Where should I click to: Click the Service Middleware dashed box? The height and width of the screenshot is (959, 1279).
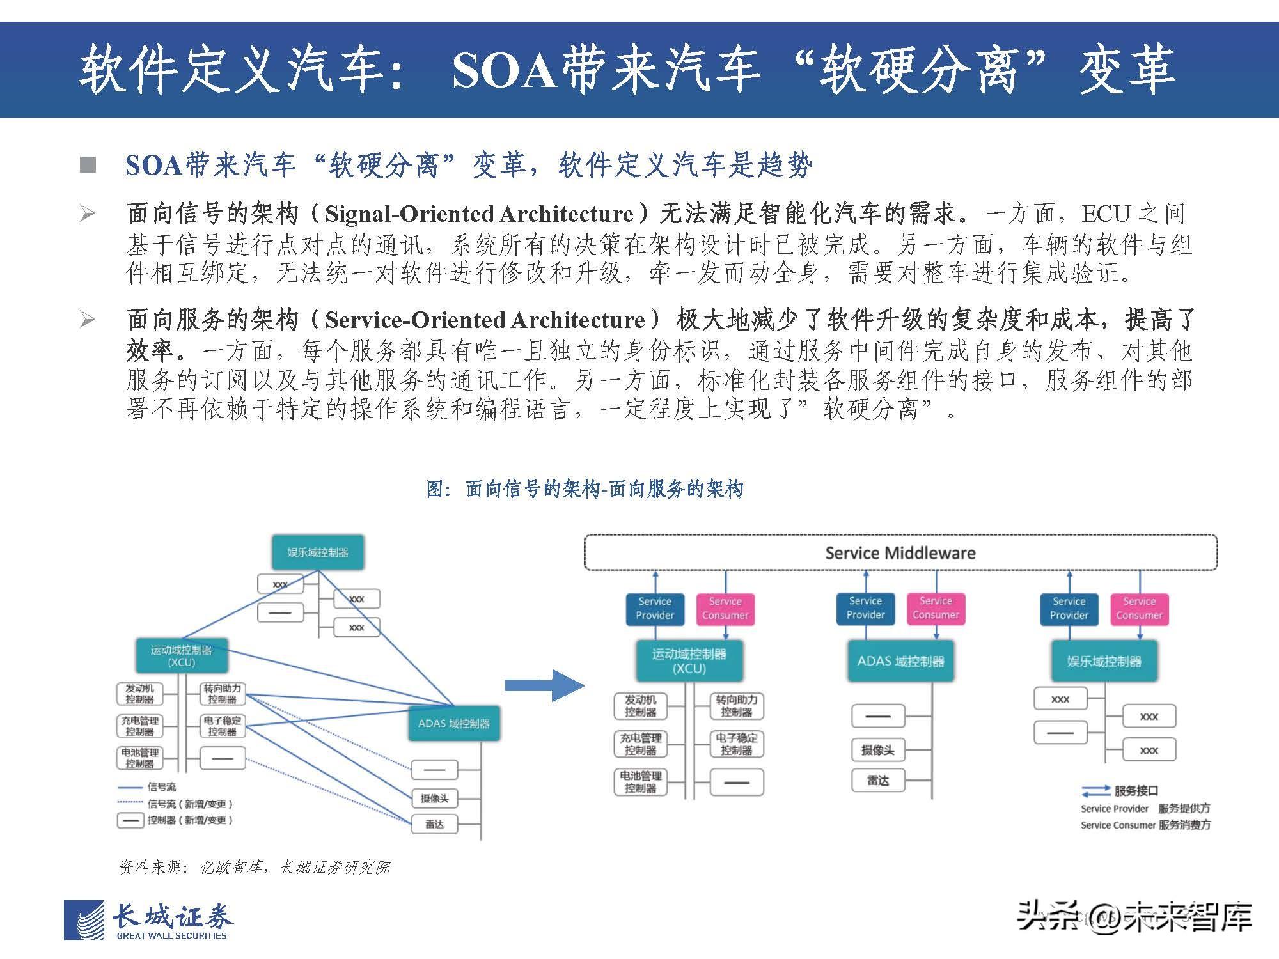point(900,552)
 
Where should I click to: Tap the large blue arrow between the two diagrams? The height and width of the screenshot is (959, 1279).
point(544,685)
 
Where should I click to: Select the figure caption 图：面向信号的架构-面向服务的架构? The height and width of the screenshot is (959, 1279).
point(585,490)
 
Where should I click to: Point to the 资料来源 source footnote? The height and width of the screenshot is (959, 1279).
point(255,867)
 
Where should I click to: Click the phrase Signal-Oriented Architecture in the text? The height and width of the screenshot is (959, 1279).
point(479,214)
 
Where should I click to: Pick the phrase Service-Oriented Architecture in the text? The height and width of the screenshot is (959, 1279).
point(485,320)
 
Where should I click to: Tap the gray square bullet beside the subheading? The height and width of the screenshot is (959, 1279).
point(88,165)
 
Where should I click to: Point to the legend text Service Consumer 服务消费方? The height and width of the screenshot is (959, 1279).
point(1145,825)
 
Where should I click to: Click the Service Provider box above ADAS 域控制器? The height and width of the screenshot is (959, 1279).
point(865,608)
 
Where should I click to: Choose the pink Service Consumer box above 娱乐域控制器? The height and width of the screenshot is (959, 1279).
point(1139,608)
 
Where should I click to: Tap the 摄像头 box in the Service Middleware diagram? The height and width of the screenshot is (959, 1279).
point(877,750)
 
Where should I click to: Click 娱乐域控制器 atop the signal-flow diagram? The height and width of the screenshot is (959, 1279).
point(318,552)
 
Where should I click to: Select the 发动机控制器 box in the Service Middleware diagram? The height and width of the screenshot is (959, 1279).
point(640,706)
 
